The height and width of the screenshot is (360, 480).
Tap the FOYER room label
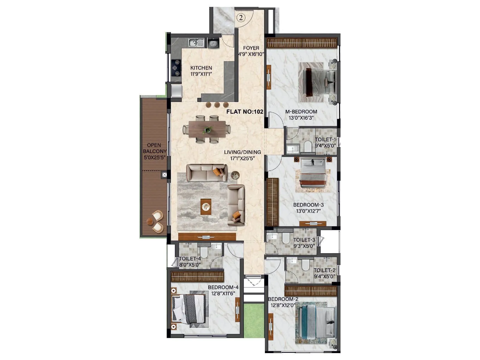(x=251, y=48)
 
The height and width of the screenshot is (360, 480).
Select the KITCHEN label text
(x=201, y=68)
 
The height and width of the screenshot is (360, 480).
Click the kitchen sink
(x=196, y=43)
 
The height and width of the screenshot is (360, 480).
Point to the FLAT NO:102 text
(x=244, y=112)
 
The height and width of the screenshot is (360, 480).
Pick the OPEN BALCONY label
(x=154, y=148)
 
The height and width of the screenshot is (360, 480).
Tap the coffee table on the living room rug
(x=206, y=207)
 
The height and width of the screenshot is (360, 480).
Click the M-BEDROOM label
(x=301, y=112)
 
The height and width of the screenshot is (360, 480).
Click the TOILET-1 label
(x=325, y=139)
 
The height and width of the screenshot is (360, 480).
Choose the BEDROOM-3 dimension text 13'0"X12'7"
(x=309, y=211)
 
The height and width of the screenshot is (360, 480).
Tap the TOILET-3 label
(x=304, y=240)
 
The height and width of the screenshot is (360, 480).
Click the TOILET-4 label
(x=190, y=259)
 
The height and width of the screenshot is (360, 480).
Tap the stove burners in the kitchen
(x=176, y=68)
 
